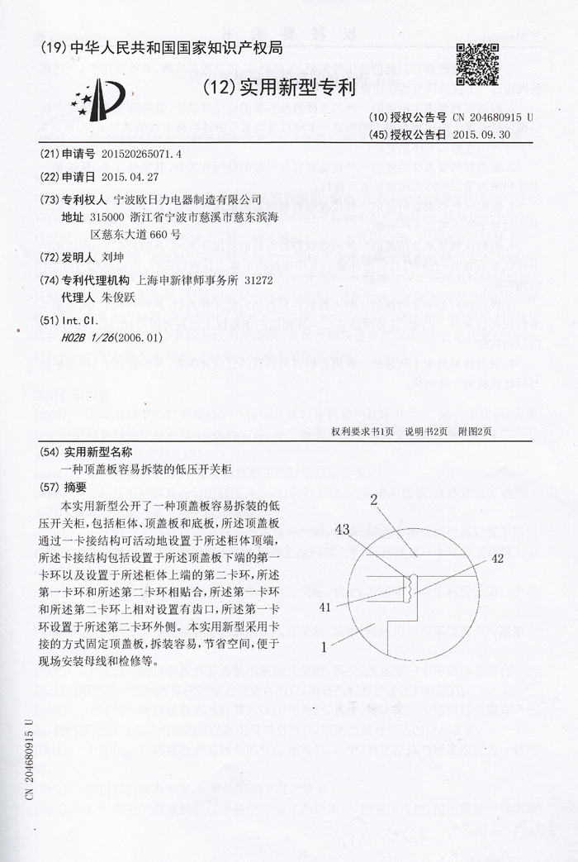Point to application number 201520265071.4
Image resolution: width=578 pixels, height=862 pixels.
coord(141,155)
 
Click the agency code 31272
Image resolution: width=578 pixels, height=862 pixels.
coord(258,281)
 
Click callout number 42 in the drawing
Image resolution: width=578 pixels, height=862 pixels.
coord(497,558)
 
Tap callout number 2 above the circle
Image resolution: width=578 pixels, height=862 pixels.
coord(373,499)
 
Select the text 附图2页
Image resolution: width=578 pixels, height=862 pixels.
coord(475,431)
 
